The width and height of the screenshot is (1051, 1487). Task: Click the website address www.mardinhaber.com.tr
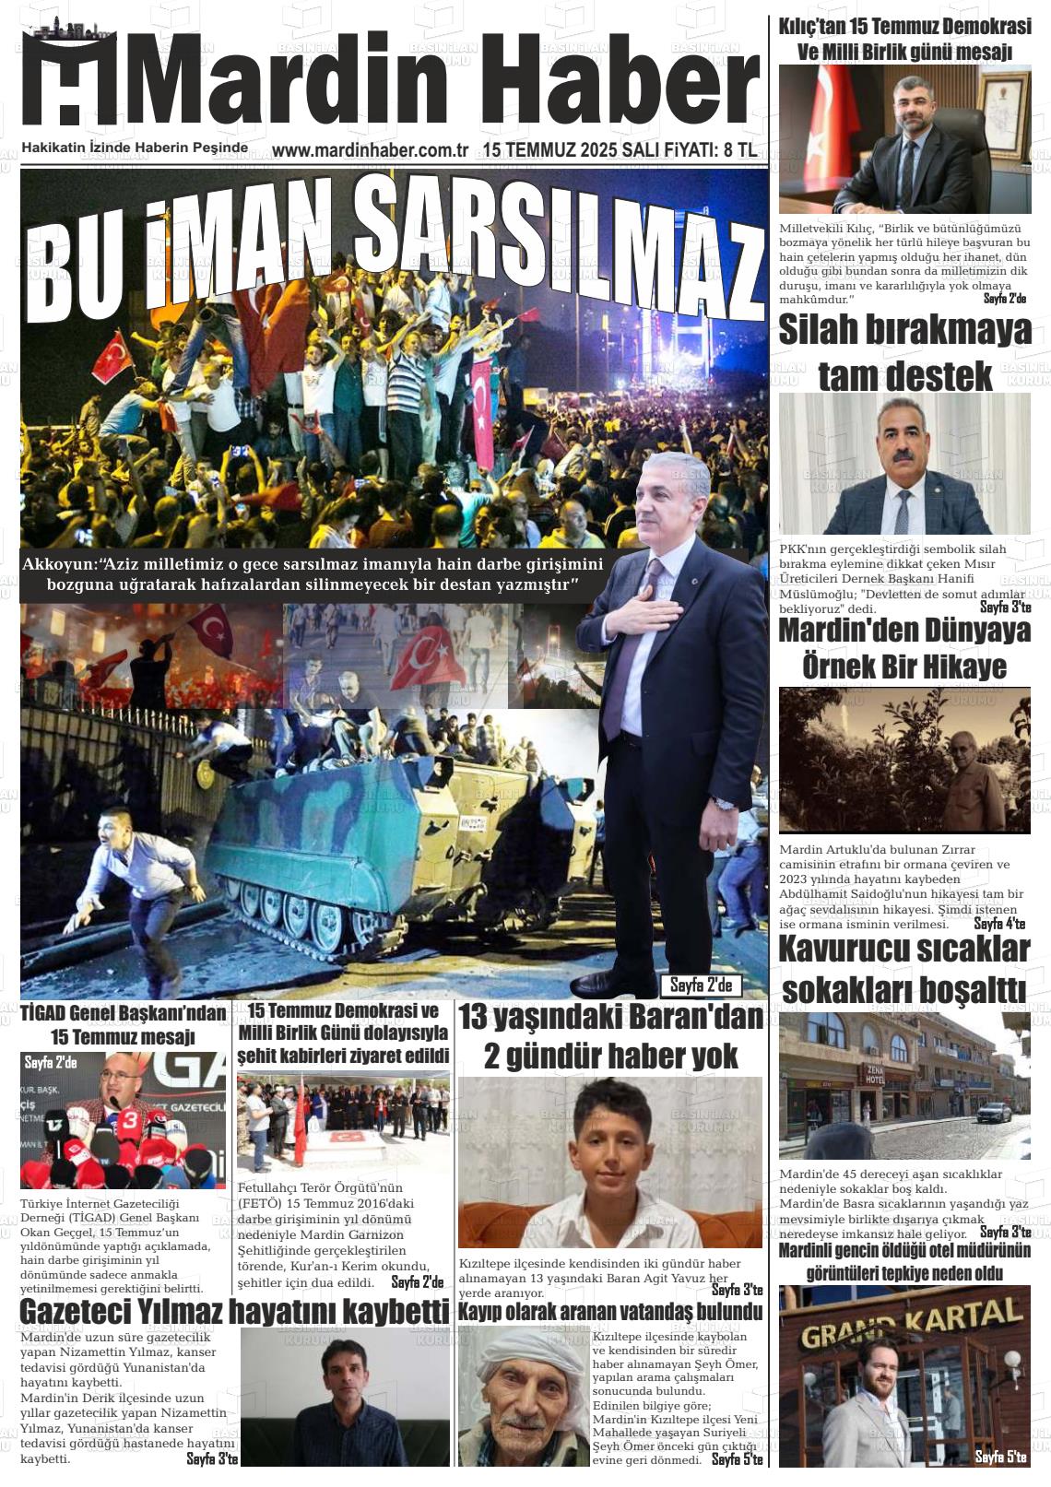tap(371, 150)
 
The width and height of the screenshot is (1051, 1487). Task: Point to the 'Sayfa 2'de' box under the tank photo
tap(701, 985)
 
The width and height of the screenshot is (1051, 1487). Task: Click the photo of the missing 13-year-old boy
tap(609, 1162)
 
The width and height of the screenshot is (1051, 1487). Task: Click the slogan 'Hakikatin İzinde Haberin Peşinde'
tap(135, 148)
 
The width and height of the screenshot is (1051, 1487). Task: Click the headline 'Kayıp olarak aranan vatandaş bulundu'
tap(610, 1311)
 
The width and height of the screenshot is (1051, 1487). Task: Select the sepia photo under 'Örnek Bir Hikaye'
tap(904, 761)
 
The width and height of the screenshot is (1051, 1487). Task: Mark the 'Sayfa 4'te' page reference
tap(999, 924)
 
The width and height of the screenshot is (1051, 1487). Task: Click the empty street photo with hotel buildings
tap(904, 1085)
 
